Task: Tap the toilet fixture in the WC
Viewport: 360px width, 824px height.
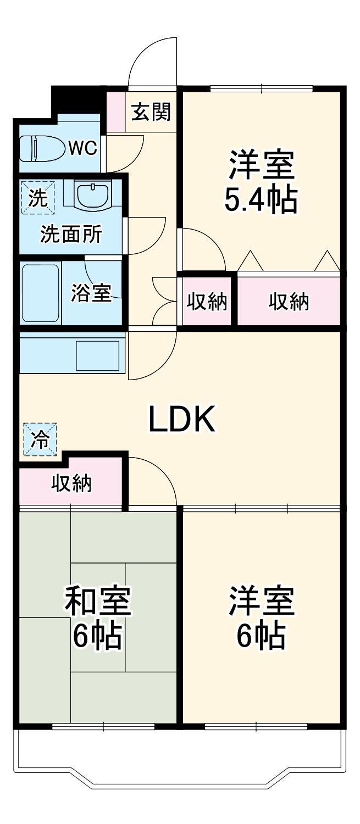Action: click(x=41, y=148)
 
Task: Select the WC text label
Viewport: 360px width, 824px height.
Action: click(x=82, y=147)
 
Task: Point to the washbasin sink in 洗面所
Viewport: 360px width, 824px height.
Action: click(x=92, y=195)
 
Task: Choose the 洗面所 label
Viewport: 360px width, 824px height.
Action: click(x=70, y=235)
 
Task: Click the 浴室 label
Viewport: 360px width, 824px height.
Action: click(x=91, y=293)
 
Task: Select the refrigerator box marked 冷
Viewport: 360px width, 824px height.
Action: click(x=40, y=439)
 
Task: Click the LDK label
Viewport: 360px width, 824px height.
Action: click(x=181, y=420)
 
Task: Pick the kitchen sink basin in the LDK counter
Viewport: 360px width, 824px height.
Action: click(x=97, y=356)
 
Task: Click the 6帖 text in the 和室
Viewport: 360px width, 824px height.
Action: click(x=97, y=636)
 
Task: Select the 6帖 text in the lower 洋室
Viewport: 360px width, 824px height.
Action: click(x=261, y=636)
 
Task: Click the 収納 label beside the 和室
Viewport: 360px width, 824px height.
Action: click(x=71, y=483)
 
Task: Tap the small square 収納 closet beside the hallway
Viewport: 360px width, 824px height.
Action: click(x=207, y=302)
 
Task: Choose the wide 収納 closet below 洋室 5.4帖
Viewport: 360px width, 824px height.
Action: click(x=289, y=302)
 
